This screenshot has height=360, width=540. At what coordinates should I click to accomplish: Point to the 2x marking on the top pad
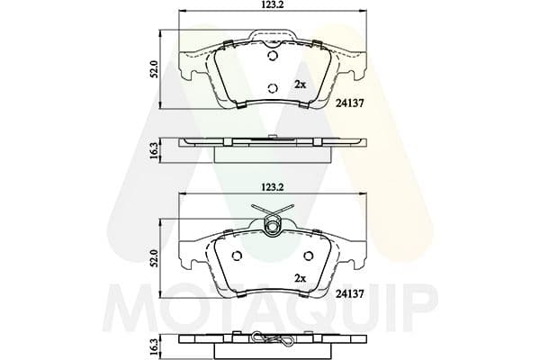point(301,84)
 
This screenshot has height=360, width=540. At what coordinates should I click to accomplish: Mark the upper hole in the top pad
point(274,56)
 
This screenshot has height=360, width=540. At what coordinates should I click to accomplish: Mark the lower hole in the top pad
point(273,88)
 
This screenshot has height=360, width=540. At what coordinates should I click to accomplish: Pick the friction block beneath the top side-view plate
point(273,153)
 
